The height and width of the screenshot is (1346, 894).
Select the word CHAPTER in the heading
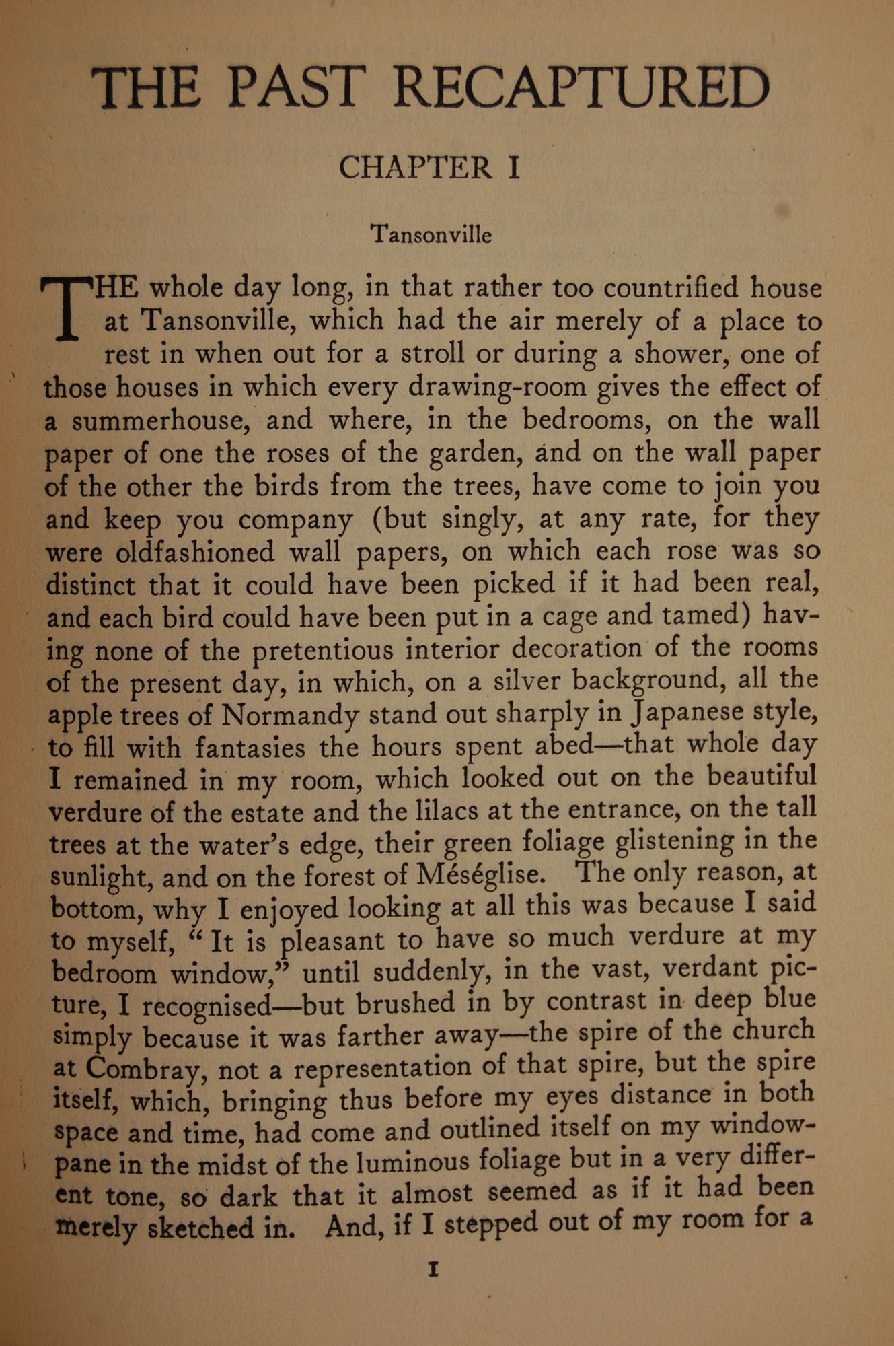(x=415, y=168)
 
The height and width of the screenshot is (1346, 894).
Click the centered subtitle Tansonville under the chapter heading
(x=431, y=234)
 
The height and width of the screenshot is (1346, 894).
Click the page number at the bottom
(x=433, y=1269)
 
